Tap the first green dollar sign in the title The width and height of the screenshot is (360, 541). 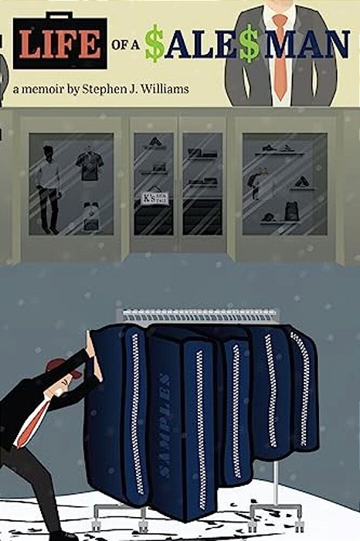(x=155, y=47)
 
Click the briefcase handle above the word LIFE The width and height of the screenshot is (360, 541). (x=60, y=18)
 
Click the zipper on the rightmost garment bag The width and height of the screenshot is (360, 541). (x=298, y=386)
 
